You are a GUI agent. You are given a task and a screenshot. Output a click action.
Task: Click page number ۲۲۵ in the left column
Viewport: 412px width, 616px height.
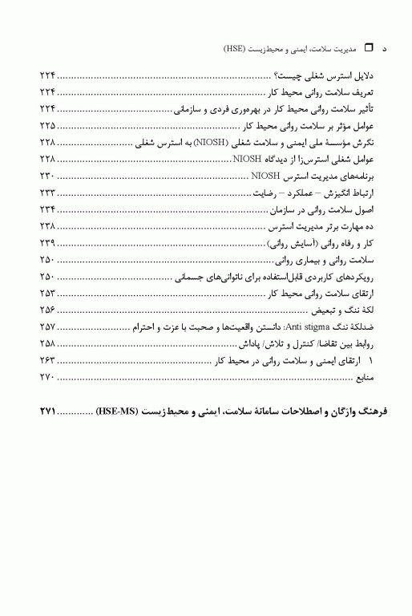point(47,127)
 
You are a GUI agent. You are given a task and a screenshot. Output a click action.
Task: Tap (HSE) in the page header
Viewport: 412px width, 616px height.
point(235,48)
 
